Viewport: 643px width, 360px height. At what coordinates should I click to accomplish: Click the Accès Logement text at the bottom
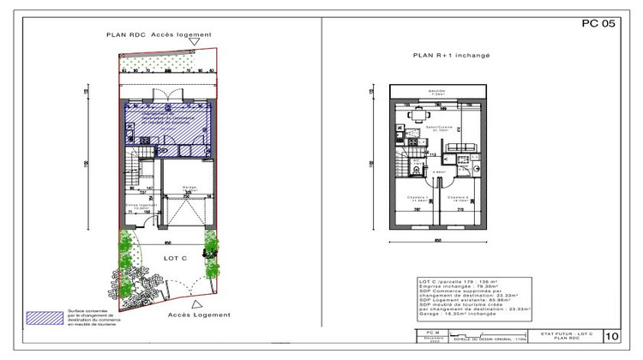[x=200, y=315]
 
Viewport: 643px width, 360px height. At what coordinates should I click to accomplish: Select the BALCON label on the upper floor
[x=438, y=92]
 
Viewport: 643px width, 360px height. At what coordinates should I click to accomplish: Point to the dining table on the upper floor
[x=418, y=115]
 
